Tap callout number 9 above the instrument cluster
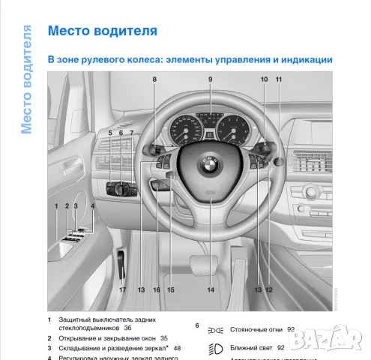click(211, 79)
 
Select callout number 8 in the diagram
click(155, 79)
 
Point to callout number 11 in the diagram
click(278, 79)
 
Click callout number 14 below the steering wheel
click(211, 289)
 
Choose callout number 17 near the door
click(123, 289)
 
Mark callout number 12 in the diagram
click(268, 289)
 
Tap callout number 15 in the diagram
click(170, 289)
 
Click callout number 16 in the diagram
click(157, 289)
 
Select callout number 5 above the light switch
click(110, 133)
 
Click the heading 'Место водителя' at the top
click(102, 31)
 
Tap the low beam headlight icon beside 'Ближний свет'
click(215, 348)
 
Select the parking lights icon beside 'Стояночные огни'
click(215, 328)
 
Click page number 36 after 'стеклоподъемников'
click(128, 328)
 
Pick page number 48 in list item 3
click(178, 348)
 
